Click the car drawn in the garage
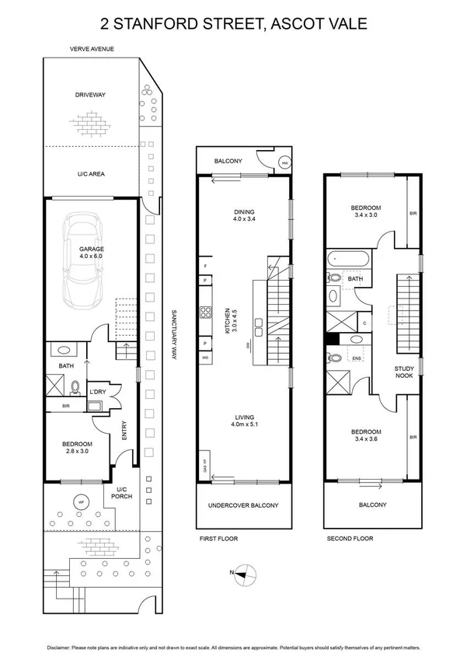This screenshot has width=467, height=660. click(x=91, y=261)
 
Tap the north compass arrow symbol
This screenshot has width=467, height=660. click(x=246, y=574)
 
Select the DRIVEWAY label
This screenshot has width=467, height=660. click(x=91, y=95)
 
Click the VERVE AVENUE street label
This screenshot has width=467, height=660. click(x=92, y=49)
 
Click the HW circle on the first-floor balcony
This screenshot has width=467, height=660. click(x=285, y=163)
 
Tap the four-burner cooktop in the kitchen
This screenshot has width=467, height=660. click(x=207, y=313)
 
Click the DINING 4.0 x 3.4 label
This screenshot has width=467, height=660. click(x=244, y=215)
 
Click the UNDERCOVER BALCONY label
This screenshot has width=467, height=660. click(x=243, y=505)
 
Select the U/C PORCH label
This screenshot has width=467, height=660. click(x=121, y=493)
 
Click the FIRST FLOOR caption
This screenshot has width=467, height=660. click(x=218, y=539)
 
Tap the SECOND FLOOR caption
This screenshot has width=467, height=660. click(x=350, y=539)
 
